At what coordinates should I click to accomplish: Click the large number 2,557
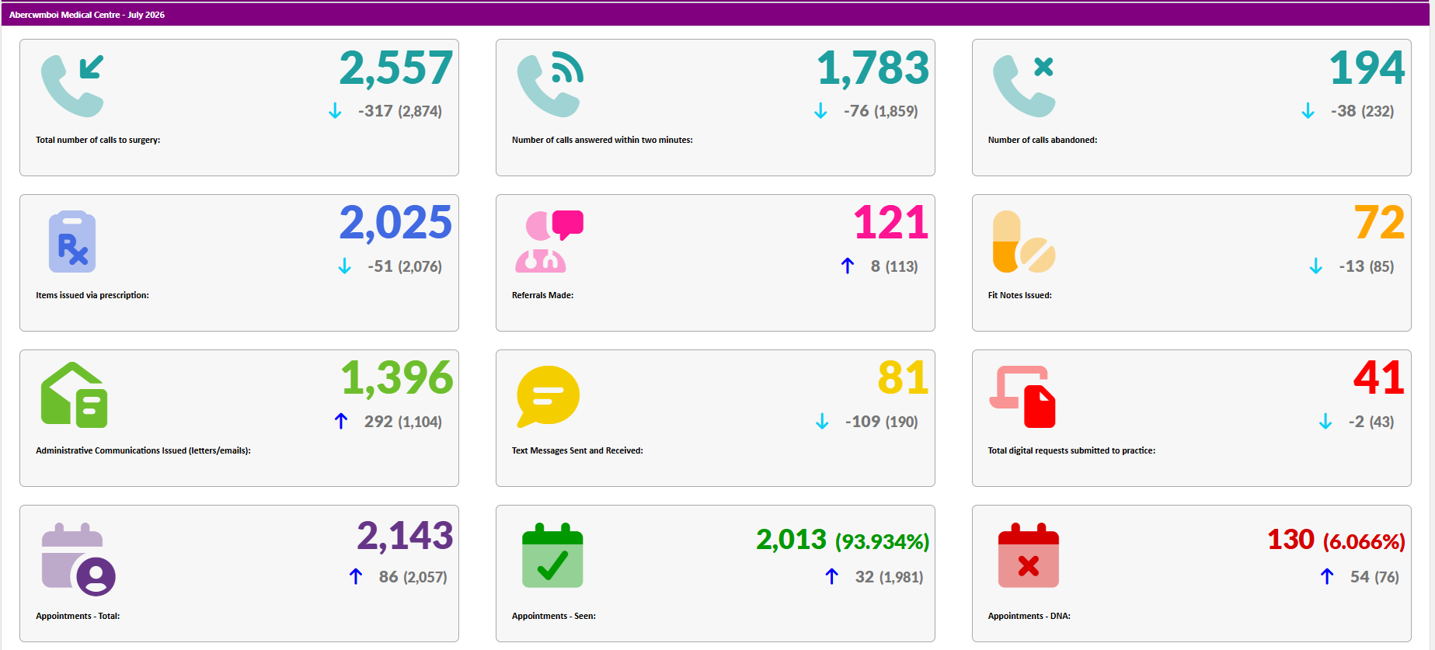pyautogui.click(x=395, y=68)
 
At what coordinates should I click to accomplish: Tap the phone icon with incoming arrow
pyautogui.click(x=72, y=85)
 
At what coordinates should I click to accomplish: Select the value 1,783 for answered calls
pyautogui.click(x=872, y=68)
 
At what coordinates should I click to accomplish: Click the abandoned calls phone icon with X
pyautogui.click(x=1024, y=85)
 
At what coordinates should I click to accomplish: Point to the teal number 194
pyautogui.click(x=1367, y=68)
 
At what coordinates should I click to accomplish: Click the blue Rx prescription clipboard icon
pyautogui.click(x=72, y=242)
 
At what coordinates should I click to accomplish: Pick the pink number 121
pyautogui.click(x=891, y=223)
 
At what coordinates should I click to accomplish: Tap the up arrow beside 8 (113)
pyautogui.click(x=848, y=266)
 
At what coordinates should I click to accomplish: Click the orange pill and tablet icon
pyautogui.click(x=1024, y=242)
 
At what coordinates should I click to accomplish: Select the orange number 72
pyautogui.click(x=1380, y=223)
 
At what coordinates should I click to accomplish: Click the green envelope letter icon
pyautogui.click(x=74, y=395)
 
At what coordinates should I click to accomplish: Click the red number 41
pyautogui.click(x=1379, y=378)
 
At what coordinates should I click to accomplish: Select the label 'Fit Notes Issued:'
pyautogui.click(x=1019, y=295)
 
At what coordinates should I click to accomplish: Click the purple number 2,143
pyautogui.click(x=405, y=536)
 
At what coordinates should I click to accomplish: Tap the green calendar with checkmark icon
pyautogui.click(x=552, y=555)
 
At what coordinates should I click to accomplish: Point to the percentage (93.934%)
pyautogui.click(x=882, y=541)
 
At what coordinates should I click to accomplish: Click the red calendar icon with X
pyautogui.click(x=1028, y=555)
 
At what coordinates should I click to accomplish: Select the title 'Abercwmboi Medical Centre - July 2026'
pyautogui.click(x=87, y=15)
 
